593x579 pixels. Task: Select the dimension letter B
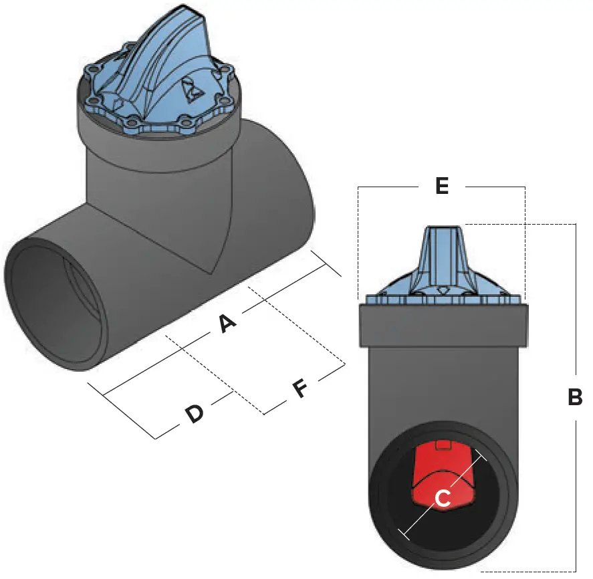click(x=575, y=397)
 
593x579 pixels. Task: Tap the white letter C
click(x=443, y=499)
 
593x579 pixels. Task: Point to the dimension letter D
click(x=194, y=415)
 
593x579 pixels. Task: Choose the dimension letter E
click(x=441, y=187)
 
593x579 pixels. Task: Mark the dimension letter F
click(x=300, y=388)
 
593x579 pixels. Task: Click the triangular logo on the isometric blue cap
click(x=189, y=92)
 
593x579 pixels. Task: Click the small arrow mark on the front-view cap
click(x=442, y=290)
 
